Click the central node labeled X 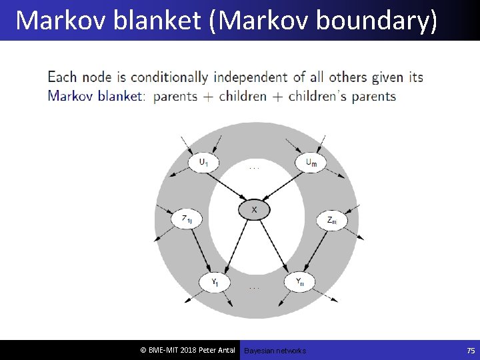click(x=254, y=211)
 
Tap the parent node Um click(x=311, y=163)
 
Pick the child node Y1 click(x=215, y=283)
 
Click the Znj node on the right click(x=331, y=220)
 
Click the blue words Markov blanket click(x=95, y=95)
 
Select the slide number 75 click(x=469, y=351)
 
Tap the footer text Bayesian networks click(x=275, y=351)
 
